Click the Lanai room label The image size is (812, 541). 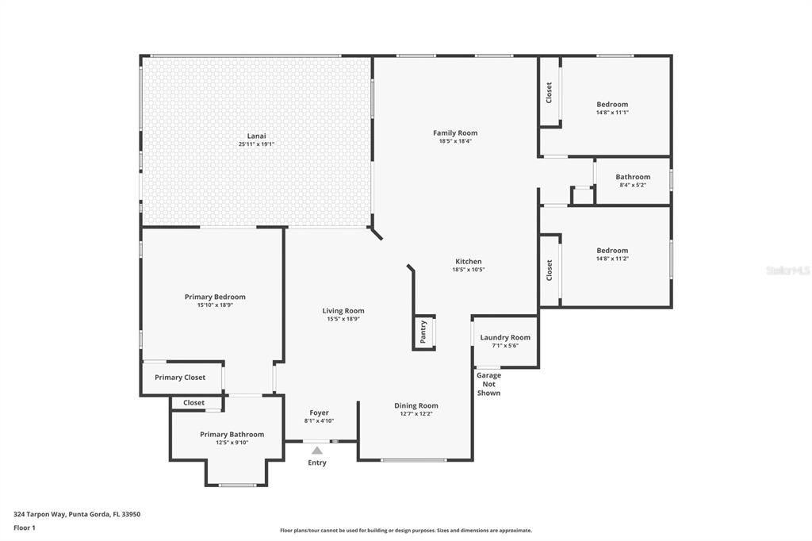tap(256, 136)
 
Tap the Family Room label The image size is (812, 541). tap(455, 132)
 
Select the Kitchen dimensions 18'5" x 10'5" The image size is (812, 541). tap(469, 270)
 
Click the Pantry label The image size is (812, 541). tap(423, 332)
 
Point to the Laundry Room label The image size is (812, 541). tap(505, 337)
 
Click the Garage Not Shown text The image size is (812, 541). tap(488, 384)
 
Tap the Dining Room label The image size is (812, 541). tap(416, 406)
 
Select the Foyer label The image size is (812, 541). tap(319, 412)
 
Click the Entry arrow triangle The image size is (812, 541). tap(317, 451)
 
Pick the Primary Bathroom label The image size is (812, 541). tap(232, 434)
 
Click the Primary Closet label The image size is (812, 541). tap(180, 378)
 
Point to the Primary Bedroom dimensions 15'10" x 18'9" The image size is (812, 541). tap(215, 305)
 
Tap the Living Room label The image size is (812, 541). tap(343, 311)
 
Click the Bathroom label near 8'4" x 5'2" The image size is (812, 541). tap(633, 177)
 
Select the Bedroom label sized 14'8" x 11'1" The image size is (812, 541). tap(612, 104)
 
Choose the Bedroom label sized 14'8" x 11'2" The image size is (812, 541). tap(612, 251)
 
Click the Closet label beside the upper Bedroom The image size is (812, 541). tap(549, 93)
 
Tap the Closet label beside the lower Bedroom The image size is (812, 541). tap(549, 270)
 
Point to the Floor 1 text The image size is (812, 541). tap(25, 528)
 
